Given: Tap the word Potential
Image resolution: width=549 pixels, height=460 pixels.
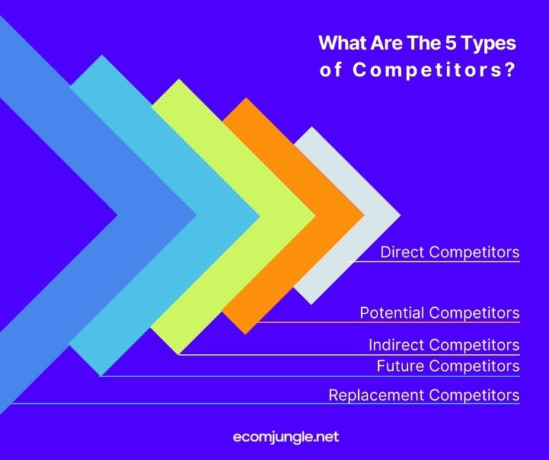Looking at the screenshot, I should [392, 313].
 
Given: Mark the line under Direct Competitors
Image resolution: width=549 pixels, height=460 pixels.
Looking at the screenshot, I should [433, 262].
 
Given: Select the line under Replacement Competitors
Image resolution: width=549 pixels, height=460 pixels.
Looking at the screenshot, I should [264, 404].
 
